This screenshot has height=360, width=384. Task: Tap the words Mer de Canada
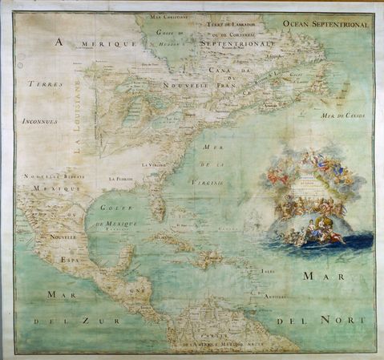(344, 115)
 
